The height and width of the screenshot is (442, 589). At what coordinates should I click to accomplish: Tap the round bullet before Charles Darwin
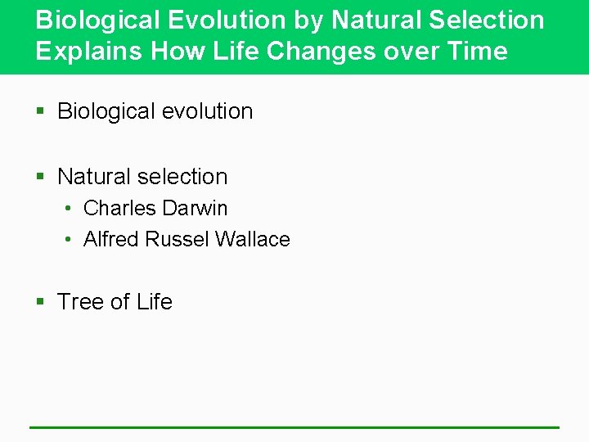pos(70,210)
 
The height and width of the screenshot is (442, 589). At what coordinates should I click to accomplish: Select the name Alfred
pos(111,240)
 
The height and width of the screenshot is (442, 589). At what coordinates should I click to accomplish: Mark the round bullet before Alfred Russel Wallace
pos(70,241)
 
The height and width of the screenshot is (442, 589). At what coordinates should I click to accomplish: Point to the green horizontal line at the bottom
pos(294,427)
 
